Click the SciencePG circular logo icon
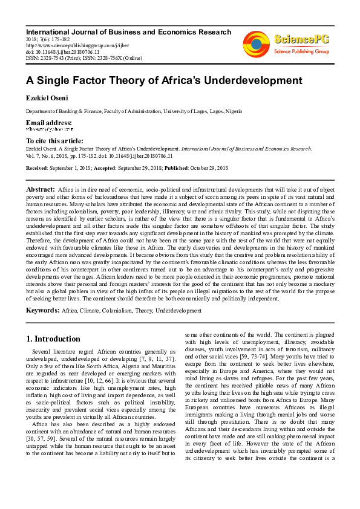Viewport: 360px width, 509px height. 257,44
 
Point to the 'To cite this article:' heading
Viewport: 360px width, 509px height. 55,140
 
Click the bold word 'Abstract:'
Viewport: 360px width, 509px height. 41,190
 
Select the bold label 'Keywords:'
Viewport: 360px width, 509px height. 42,310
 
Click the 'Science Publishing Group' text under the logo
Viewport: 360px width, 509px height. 301,52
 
